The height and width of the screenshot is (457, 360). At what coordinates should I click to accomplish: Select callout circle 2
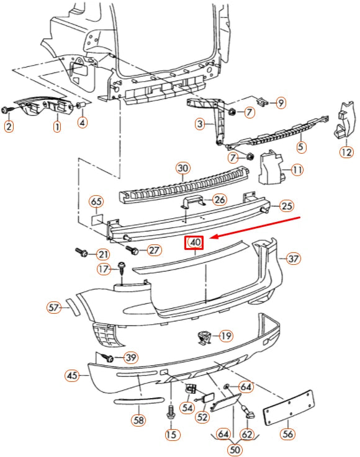coord(9,127)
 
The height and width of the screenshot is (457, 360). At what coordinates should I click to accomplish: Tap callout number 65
coord(96,202)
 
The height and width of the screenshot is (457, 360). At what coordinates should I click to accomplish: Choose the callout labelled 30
coord(182,168)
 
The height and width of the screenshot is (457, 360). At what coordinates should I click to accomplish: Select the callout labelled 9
coord(280,102)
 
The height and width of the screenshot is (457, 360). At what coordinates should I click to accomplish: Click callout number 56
coord(287,434)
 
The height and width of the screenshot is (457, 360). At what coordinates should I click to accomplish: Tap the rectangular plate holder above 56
coord(288,407)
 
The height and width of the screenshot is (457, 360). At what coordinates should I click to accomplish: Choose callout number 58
coord(138,420)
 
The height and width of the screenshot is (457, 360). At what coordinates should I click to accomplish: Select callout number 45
coord(73,376)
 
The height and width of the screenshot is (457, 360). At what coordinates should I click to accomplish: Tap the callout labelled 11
coord(297,169)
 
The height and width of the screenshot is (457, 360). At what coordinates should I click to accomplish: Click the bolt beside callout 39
coord(109,358)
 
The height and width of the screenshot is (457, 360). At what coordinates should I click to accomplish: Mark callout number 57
coord(54,307)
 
